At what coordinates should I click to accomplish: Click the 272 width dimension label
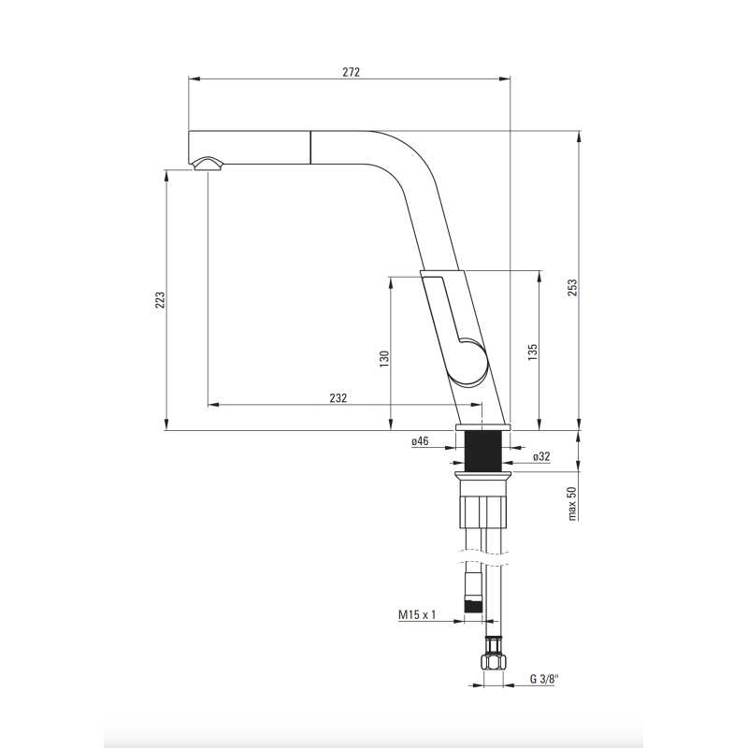(x=352, y=72)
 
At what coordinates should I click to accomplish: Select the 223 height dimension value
(x=160, y=299)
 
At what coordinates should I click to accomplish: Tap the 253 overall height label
(x=572, y=287)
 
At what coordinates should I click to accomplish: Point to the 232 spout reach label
(x=338, y=398)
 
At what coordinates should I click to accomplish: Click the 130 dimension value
(x=384, y=359)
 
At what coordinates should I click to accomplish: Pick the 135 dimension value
(x=533, y=352)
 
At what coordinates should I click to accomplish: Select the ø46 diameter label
(x=420, y=441)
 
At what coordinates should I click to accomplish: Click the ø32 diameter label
(x=541, y=456)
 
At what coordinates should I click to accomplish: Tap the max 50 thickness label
(x=572, y=503)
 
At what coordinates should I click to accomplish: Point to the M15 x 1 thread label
(x=417, y=614)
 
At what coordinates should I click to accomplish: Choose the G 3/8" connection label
(x=544, y=679)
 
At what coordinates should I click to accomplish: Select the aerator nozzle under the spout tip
(x=208, y=164)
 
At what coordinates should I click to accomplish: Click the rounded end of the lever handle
(x=471, y=362)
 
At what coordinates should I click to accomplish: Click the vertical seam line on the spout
(x=311, y=148)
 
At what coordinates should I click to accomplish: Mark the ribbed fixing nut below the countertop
(x=482, y=511)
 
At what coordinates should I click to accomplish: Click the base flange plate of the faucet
(x=482, y=427)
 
